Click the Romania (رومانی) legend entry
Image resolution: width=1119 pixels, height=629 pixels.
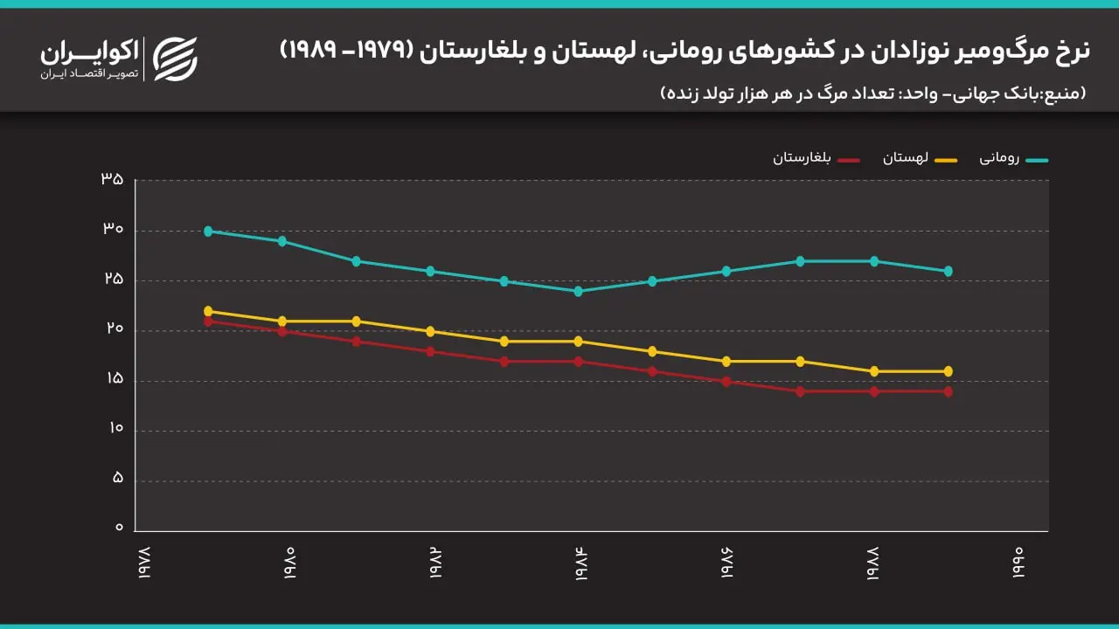point(1014,159)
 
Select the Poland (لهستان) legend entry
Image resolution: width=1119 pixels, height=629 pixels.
point(918,159)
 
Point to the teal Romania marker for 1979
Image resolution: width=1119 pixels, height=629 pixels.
point(208,232)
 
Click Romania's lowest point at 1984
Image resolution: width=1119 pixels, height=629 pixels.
point(578,291)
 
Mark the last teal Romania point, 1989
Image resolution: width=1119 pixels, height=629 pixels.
point(949,271)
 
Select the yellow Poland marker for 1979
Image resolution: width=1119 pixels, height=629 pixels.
point(208,311)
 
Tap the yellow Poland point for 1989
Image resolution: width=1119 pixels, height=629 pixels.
point(949,371)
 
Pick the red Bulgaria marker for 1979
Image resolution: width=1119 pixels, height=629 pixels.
point(208,321)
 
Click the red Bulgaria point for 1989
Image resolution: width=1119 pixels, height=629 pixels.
point(949,391)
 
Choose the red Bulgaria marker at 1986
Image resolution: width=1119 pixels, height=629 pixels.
point(726,382)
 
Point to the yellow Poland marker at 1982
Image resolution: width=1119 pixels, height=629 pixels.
point(430,332)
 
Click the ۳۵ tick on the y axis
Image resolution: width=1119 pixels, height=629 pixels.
point(113,179)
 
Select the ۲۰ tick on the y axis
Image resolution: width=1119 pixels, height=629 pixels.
point(113,329)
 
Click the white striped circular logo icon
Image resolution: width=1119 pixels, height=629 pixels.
point(176,58)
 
